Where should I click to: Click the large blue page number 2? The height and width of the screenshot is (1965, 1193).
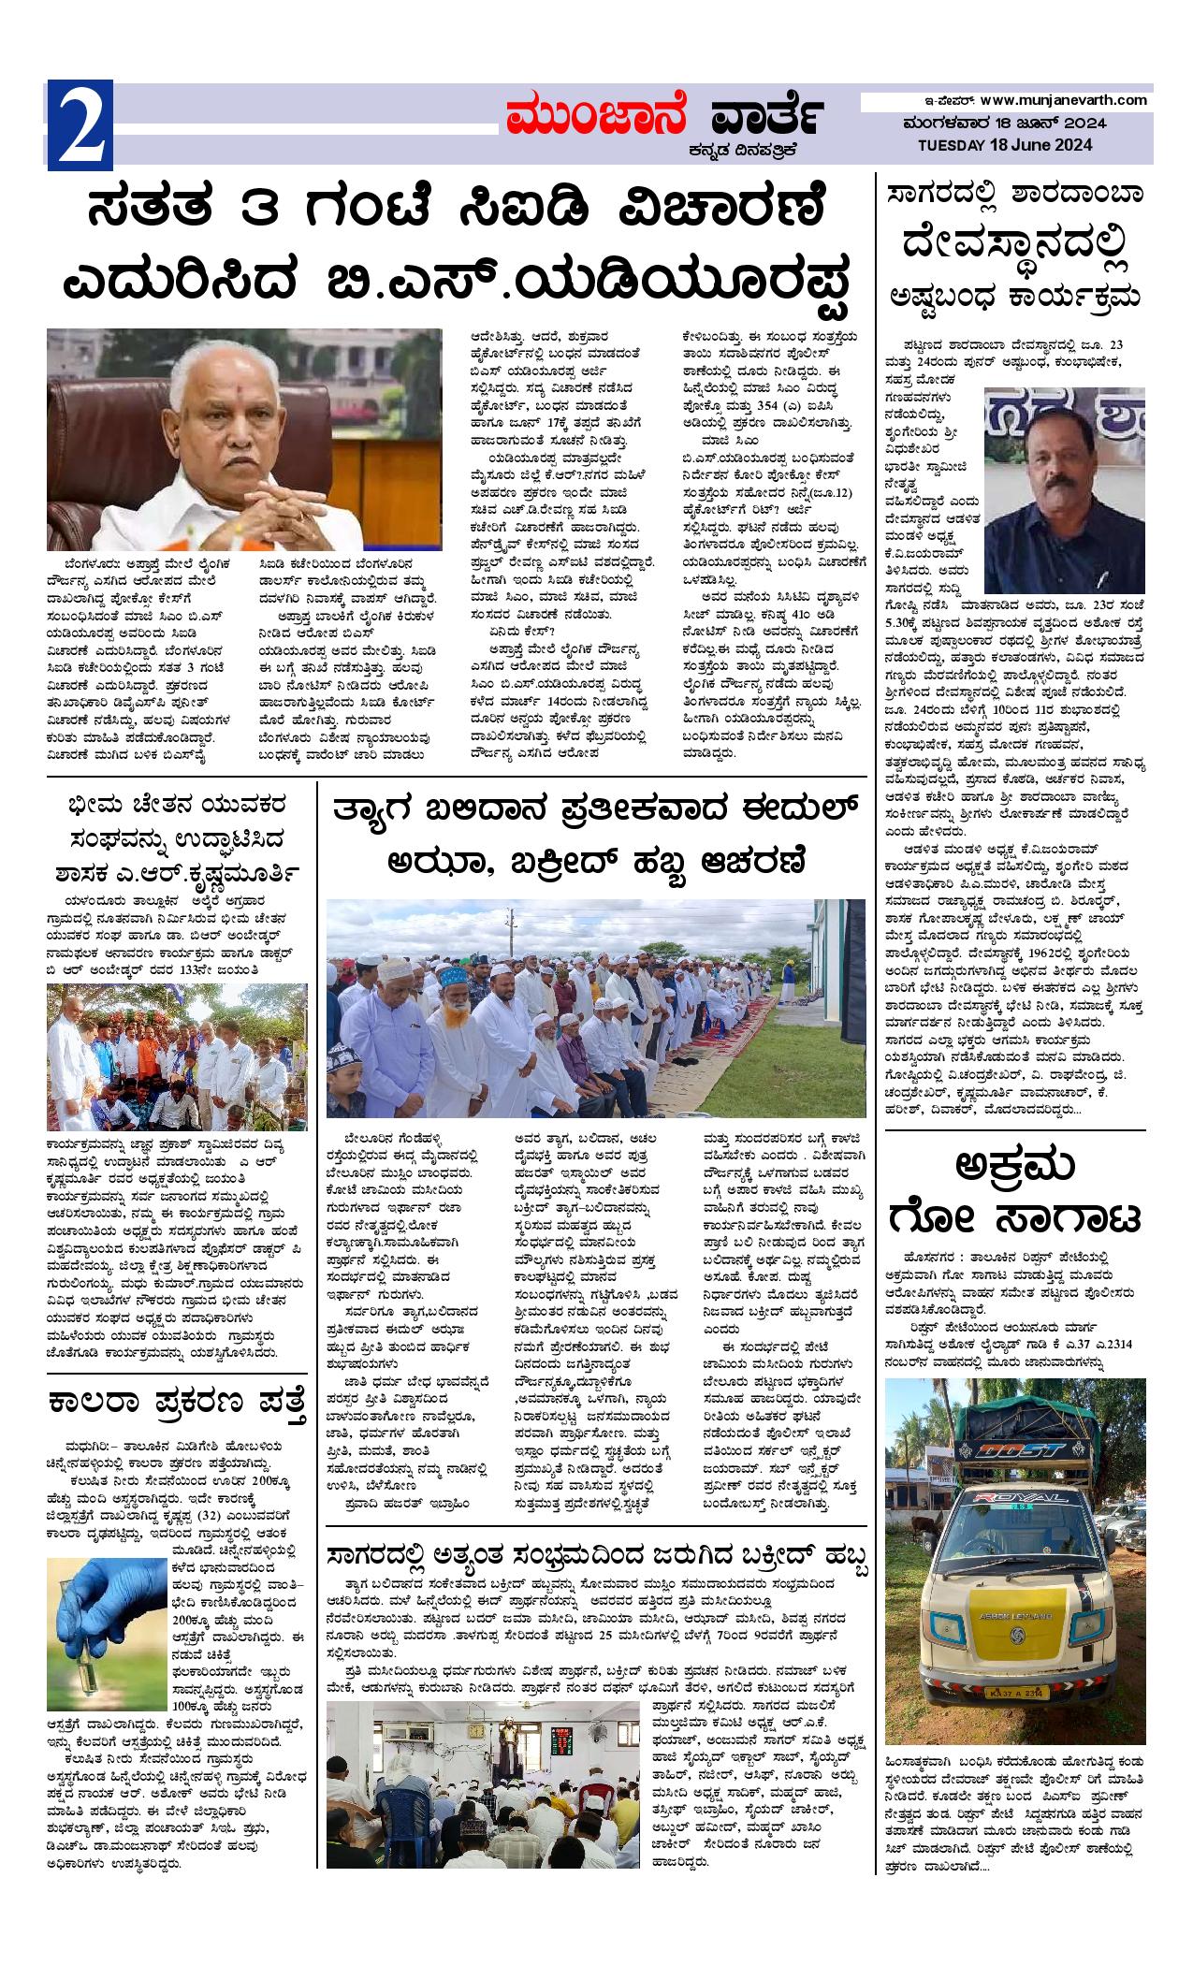tap(80, 125)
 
